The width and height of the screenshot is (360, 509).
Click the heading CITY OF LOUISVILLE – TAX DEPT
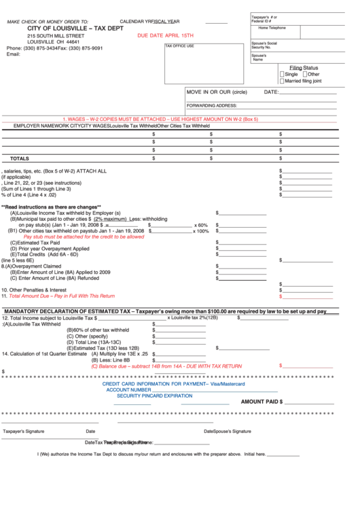point(75,29)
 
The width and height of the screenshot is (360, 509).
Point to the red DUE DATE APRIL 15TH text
point(165,35)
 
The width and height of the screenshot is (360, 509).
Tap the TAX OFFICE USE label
point(180,46)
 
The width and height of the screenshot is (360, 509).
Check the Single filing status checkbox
point(282,74)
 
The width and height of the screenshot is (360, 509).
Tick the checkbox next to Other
point(304,74)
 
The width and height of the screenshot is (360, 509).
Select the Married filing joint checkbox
point(282,81)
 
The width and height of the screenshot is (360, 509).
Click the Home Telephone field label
point(272,28)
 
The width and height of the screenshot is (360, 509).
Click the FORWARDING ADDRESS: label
point(212,106)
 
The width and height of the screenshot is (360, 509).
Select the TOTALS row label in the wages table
point(20,158)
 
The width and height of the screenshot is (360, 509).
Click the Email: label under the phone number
point(14,54)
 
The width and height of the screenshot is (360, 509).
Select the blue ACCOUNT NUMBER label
point(128,389)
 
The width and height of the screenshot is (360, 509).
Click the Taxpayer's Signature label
point(24,431)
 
